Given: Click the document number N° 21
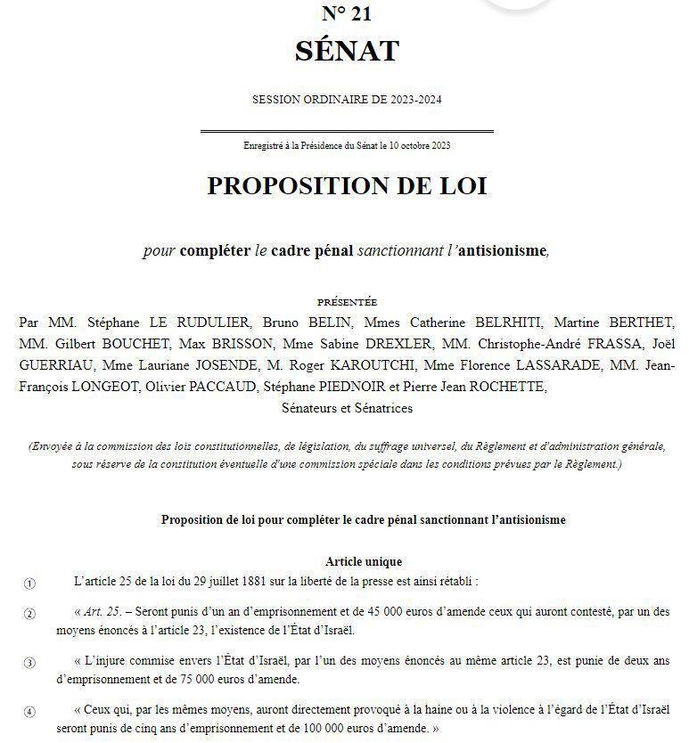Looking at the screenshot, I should point(347,13).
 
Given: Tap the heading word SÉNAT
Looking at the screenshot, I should point(347,51).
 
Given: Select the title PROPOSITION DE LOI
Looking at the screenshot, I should point(347,185).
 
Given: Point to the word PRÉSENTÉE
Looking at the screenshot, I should point(347,303).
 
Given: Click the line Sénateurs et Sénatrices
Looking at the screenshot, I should point(347,408).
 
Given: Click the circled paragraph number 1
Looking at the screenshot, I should point(29,584).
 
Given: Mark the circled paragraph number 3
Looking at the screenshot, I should point(29,662).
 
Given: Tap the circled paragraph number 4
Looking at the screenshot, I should point(29,711).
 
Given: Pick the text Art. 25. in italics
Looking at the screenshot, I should point(105,612).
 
